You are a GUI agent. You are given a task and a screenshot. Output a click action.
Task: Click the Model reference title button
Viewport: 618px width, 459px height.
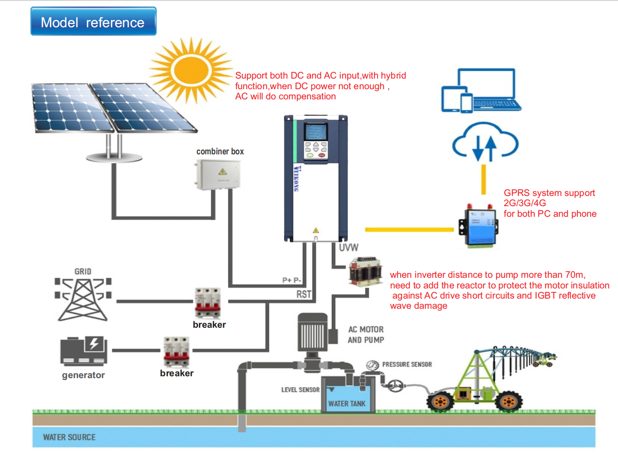[93, 21]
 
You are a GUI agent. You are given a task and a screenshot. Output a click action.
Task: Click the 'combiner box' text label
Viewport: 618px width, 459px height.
[220, 152]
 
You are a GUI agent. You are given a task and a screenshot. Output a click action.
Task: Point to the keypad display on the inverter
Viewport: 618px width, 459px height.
[315, 132]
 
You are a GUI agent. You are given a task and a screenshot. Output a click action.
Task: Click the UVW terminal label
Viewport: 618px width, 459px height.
[349, 248]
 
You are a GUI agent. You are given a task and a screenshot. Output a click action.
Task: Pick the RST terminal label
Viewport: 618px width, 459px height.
[304, 294]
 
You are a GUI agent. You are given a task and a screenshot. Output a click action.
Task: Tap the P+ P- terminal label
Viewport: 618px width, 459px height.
[292, 280]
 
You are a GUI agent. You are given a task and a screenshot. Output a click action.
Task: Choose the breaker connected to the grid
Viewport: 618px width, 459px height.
[208, 303]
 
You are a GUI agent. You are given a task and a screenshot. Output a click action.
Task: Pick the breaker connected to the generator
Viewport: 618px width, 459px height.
[176, 352]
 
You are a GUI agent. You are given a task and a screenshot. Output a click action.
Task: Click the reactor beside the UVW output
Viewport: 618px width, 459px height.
[366, 272]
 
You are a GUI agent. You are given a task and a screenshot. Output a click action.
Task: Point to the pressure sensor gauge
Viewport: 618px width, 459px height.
[372, 366]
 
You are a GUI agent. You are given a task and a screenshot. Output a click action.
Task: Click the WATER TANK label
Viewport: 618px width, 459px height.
[347, 404]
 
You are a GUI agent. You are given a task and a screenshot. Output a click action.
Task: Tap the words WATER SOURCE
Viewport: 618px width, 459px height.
[69, 437]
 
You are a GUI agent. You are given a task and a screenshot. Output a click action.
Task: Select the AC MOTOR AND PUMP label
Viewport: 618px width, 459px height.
[366, 335]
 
